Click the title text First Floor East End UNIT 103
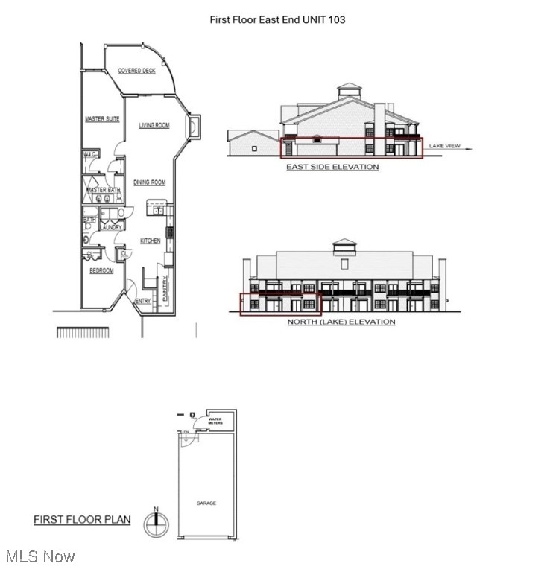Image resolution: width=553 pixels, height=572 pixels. (x=276, y=19)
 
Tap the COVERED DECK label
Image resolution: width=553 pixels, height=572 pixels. (x=136, y=71)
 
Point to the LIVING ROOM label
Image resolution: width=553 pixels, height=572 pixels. (x=154, y=125)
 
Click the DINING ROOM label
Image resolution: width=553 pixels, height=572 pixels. (x=149, y=182)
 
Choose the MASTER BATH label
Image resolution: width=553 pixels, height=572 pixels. (x=104, y=191)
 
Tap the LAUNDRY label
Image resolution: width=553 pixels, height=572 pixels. (x=111, y=227)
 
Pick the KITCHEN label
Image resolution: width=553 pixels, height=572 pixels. (x=150, y=241)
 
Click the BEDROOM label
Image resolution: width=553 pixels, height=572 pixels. (x=101, y=271)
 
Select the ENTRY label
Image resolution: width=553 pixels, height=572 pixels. (x=143, y=301)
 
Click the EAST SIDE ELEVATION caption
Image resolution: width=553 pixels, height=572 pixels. (x=332, y=167)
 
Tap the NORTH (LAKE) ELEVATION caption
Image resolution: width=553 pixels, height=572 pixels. (x=341, y=322)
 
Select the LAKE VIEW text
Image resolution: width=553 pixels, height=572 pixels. (x=444, y=146)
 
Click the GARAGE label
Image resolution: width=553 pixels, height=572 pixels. (x=206, y=503)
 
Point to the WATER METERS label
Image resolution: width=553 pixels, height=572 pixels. (x=215, y=422)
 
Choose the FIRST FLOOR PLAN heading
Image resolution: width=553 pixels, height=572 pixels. (x=82, y=520)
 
